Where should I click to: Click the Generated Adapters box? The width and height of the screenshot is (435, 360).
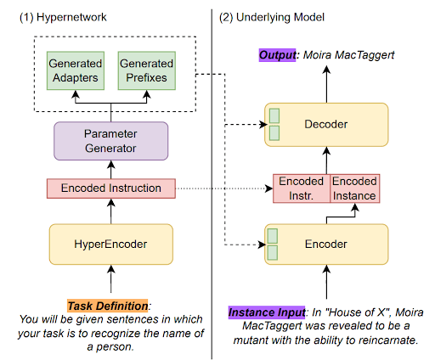coord(76,70)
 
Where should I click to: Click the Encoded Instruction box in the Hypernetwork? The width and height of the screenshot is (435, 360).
coord(109,187)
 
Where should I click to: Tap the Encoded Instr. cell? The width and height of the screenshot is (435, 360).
coord(301,188)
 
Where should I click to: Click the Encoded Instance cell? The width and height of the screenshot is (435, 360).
coord(354,188)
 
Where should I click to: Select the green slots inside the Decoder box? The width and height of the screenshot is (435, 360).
coord(274,124)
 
